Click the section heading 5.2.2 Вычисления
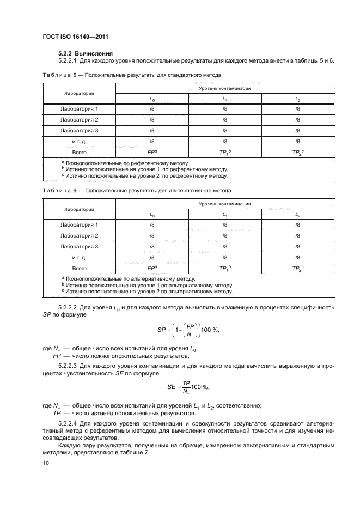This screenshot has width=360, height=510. coord(86,53)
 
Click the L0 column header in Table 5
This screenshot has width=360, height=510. coord(152,99)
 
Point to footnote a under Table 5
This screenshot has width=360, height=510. coord(125,163)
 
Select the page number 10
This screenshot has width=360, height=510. coord(46,463)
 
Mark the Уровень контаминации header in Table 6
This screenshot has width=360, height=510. coord(224,204)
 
